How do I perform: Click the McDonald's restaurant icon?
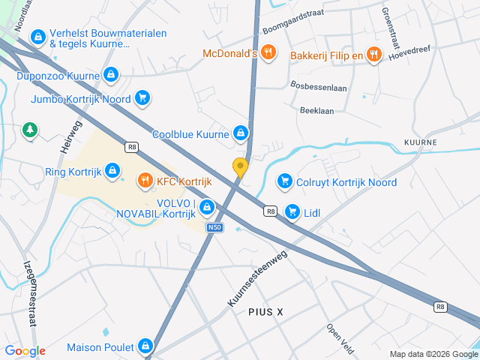270,54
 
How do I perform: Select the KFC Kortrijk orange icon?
144,181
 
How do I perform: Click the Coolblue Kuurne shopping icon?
240,133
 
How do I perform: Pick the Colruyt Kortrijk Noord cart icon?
283,181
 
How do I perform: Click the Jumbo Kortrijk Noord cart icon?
142,98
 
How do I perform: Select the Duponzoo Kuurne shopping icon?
111,74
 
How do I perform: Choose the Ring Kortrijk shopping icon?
112,171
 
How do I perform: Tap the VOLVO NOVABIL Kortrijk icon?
207,207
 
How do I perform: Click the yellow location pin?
240,167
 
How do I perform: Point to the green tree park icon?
30,130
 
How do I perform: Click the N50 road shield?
214,227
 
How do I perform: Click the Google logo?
25,351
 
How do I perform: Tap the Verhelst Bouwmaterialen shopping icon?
37,35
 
